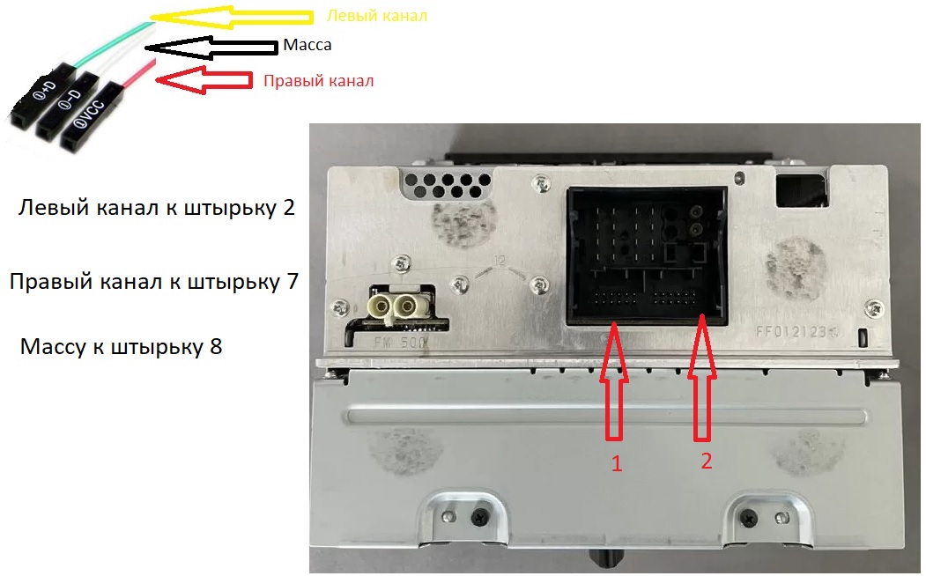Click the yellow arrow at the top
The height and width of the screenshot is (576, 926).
tap(230, 17)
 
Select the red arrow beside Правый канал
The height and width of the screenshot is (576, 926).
tap(204, 79)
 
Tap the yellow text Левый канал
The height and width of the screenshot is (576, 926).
tap(377, 15)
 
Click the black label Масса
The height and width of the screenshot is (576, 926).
tap(307, 45)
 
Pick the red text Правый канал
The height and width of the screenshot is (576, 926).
tap(318, 80)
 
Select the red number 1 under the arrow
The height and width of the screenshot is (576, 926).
tap(617, 463)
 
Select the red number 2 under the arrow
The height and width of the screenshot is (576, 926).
tap(707, 461)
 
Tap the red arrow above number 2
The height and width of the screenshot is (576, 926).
tap(702, 378)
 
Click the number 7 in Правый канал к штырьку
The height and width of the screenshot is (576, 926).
tap(293, 282)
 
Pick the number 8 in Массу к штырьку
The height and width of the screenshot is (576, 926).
tap(216, 346)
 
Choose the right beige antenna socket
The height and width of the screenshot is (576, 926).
tap(406, 306)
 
